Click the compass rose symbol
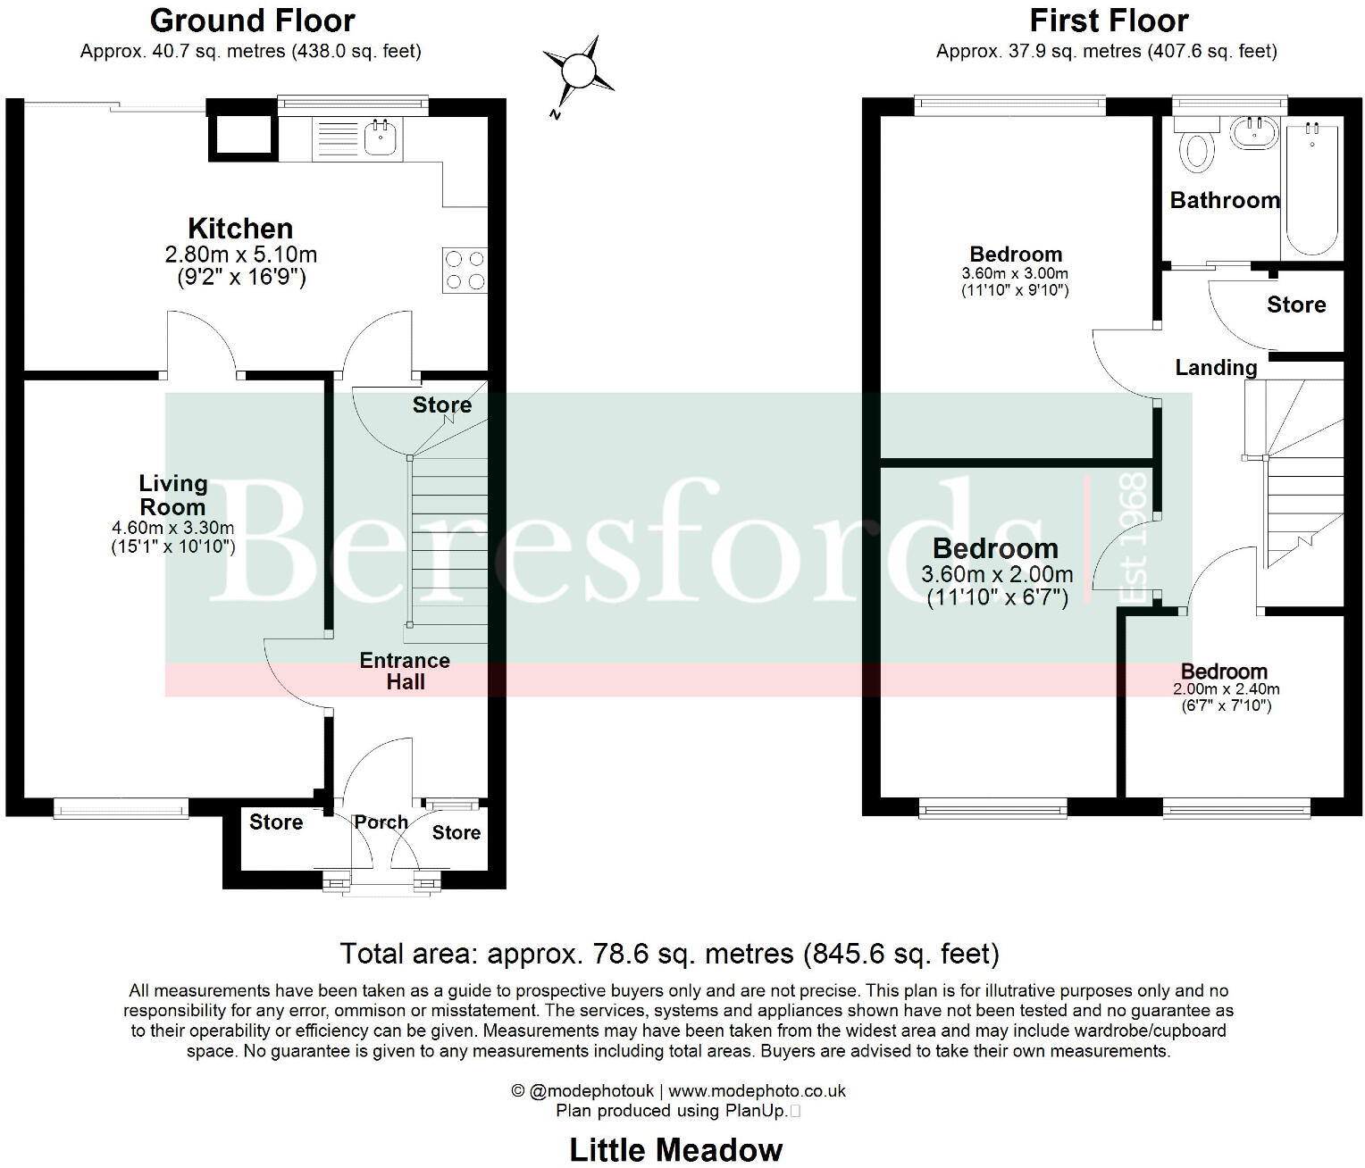click(x=579, y=70)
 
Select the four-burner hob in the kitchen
click(x=465, y=270)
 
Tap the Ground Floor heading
click(x=252, y=21)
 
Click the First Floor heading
click(x=1109, y=21)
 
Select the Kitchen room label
click(x=240, y=229)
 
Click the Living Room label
click(x=172, y=495)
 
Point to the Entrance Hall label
click(x=405, y=671)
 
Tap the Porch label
click(x=381, y=822)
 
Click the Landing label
click(x=1215, y=367)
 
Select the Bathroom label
click(x=1225, y=200)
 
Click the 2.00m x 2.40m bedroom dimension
click(x=1226, y=689)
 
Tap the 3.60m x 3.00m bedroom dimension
click(x=1015, y=274)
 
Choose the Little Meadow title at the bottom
click(x=676, y=1150)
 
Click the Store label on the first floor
click(x=1295, y=305)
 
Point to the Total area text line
click(x=669, y=954)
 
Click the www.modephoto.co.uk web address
click(x=757, y=1091)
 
